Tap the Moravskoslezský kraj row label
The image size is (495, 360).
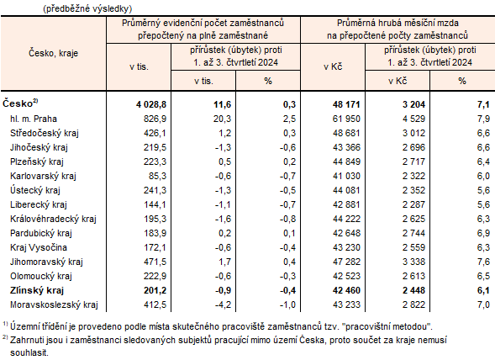[55, 304]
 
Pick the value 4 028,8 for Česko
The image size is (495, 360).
[151, 103]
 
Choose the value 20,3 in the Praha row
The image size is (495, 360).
[216, 119]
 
